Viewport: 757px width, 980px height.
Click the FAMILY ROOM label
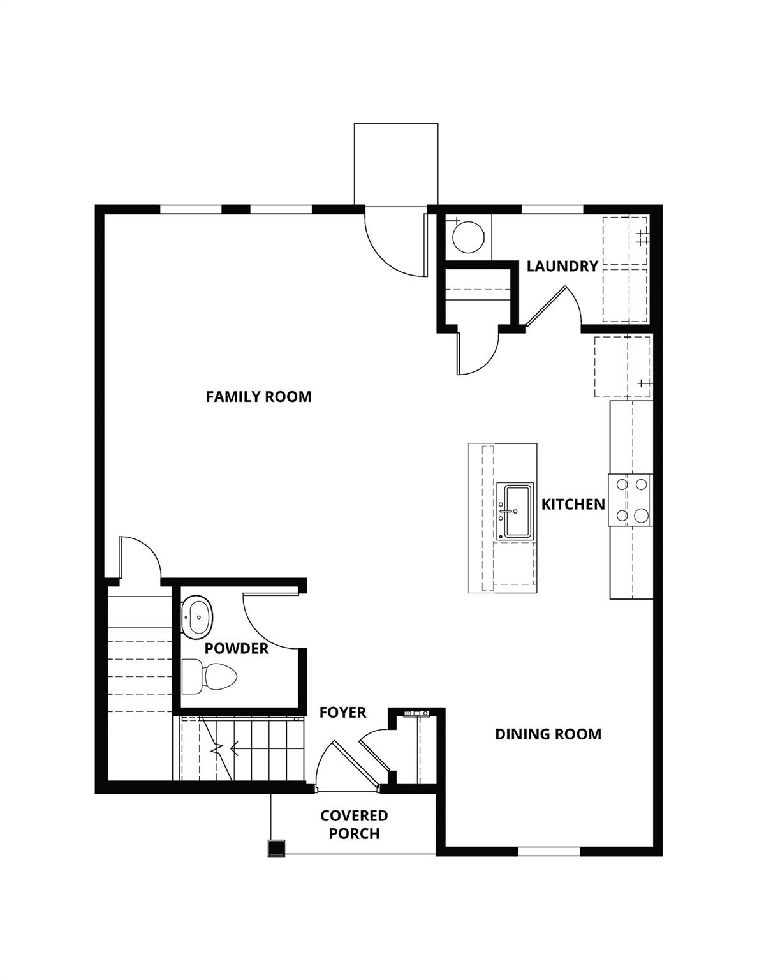[258, 397]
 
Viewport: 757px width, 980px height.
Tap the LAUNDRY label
[562, 266]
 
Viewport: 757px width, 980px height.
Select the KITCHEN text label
[573, 505]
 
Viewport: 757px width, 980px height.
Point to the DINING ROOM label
[548, 734]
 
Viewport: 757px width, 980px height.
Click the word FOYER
[342, 713]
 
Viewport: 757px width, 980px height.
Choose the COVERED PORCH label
[354, 824]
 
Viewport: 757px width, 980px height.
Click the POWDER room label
[237, 649]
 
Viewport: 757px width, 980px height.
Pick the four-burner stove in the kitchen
[630, 500]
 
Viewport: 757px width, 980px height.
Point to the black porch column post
[276, 847]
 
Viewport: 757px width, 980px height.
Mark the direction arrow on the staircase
[230, 747]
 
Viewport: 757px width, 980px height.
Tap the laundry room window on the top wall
[552, 209]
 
